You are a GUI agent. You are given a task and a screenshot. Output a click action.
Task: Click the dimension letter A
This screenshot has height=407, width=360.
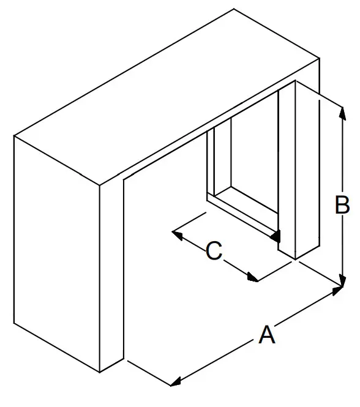click(267, 335)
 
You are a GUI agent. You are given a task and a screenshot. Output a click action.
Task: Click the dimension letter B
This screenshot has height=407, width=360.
click(342, 205)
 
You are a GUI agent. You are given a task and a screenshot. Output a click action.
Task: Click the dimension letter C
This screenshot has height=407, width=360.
click(214, 250)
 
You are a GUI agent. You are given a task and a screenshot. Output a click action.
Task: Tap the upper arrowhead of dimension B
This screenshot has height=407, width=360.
click(343, 113)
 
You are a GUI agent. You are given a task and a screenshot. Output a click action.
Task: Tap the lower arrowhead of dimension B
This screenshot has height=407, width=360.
click(343, 280)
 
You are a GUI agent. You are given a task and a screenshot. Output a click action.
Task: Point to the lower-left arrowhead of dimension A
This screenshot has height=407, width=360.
click(176, 382)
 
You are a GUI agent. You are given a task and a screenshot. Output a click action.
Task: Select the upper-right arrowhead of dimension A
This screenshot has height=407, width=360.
click(338, 291)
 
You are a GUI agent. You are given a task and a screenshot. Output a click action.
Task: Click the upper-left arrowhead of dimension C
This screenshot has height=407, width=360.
click(178, 235)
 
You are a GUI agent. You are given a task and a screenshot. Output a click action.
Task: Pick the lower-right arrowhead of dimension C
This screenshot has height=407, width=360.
click(253, 277)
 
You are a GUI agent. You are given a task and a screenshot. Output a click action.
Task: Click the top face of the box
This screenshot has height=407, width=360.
click(167, 97)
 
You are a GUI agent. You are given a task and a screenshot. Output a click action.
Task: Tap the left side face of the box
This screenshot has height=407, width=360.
click(56, 253)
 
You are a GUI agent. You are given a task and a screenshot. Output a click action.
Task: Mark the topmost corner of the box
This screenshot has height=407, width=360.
click(234, 9)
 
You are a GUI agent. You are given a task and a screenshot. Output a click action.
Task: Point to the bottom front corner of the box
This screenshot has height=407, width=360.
click(100, 372)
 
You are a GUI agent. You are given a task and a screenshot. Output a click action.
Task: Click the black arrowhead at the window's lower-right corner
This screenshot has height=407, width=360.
click(276, 236)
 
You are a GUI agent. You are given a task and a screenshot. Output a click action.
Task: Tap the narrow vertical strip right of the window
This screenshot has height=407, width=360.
click(287, 170)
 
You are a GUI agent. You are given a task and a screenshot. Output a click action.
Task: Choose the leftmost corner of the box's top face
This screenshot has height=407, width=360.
click(14, 136)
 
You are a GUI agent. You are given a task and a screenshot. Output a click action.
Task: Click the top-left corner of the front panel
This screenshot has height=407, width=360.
click(124, 179)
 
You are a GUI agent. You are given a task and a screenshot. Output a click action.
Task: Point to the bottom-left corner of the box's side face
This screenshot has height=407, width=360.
click(14, 323)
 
